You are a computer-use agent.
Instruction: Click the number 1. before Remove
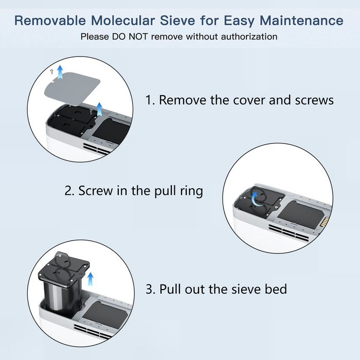coord(150,100)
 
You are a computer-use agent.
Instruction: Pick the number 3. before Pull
coord(150,289)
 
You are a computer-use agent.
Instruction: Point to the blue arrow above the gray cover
coord(61,72)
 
